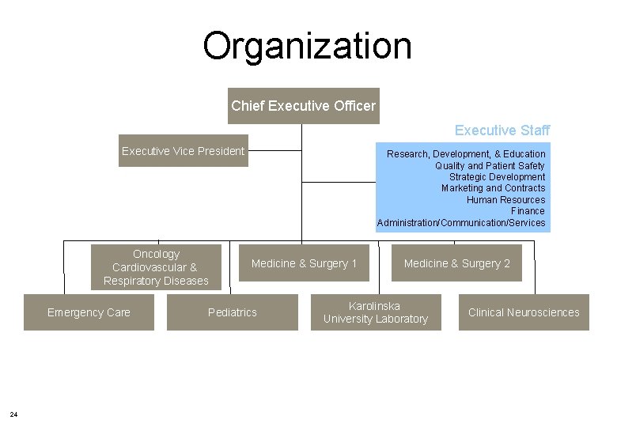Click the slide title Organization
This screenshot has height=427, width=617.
coord(307,46)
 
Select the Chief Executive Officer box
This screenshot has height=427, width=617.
coord(303,105)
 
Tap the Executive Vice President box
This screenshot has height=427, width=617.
coord(183,151)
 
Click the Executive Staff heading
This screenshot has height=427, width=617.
coord(502,130)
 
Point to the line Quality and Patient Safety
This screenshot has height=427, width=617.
coord(490,165)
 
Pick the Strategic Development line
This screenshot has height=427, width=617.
coord(497,177)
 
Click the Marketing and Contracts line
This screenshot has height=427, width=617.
coord(493,188)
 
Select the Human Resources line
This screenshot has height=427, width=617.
coord(505,200)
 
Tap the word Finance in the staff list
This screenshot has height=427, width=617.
coord(528,211)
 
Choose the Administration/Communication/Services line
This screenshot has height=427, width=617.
coord(461,223)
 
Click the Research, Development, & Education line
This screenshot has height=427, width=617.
coord(466,153)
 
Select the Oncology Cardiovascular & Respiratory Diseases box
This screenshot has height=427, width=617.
coord(156,267)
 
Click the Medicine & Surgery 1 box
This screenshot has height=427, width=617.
coord(304,263)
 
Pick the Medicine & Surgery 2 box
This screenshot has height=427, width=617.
coord(457,263)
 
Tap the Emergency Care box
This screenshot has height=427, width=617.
coord(89,312)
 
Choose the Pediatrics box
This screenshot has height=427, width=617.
coord(233,312)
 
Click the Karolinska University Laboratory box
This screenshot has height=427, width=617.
coord(375,312)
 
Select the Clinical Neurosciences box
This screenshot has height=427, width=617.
coord(524,312)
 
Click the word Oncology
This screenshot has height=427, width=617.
coord(156,254)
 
